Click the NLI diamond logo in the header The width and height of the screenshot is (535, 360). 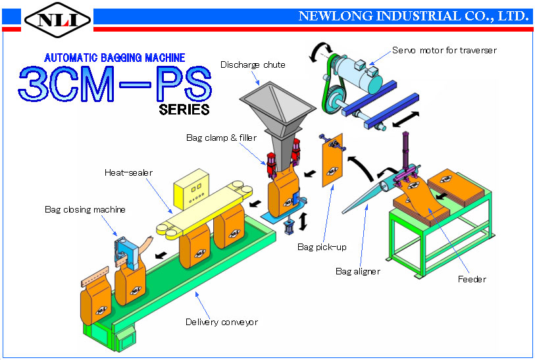pos(58,20)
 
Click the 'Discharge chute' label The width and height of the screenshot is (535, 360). pos(253,65)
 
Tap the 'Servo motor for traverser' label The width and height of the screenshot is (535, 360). pos(444,51)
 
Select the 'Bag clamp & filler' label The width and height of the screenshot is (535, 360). pos(222,138)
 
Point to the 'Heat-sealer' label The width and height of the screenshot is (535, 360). pos(128,172)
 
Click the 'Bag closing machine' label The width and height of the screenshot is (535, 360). pos(85,209)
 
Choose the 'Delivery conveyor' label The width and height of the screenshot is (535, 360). pos(222,322)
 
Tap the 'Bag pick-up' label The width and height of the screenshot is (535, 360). pos(322,247)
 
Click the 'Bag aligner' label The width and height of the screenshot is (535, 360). pos(358,272)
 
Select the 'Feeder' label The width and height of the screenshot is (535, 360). pos(472,280)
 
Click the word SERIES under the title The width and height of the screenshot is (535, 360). pos(184,109)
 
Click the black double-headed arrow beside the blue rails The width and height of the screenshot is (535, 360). pos(405,119)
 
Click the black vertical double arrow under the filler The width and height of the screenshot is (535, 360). pos(303,221)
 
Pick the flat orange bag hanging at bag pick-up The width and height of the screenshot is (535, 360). pos(332,161)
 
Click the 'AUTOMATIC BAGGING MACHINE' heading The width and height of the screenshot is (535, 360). pos(115,58)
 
